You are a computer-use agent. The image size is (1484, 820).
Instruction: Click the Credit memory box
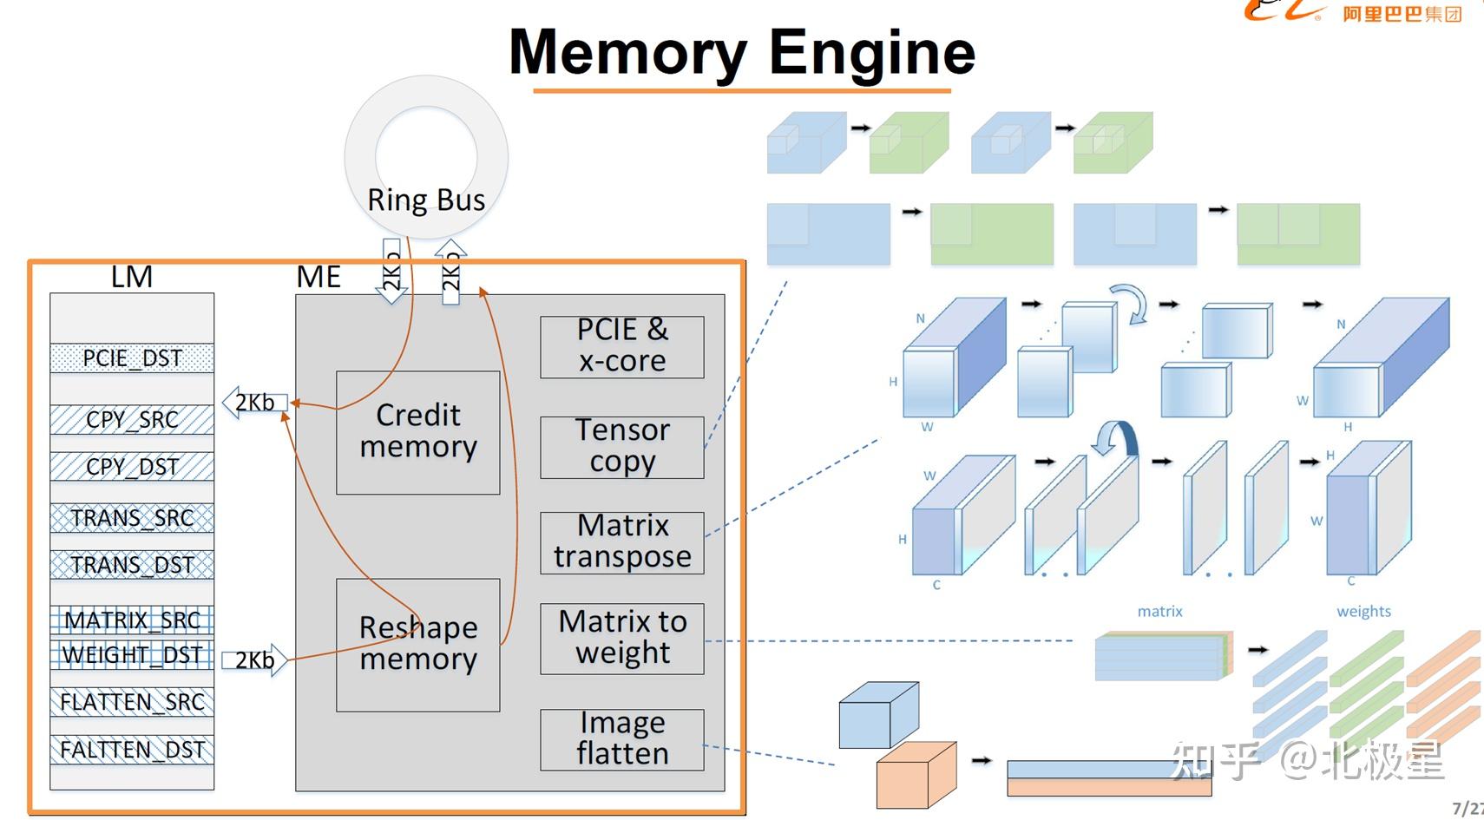tap(417, 432)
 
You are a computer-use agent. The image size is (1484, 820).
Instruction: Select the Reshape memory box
tap(417, 644)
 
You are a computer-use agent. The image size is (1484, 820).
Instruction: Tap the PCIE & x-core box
tap(621, 346)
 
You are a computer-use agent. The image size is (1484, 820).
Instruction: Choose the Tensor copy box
tap(621, 447)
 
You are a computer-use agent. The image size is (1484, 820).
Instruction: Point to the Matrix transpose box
tap(621, 542)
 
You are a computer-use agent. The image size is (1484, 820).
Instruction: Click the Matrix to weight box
tap(621, 639)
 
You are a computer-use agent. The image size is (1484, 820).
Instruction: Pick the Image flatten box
tap(621, 739)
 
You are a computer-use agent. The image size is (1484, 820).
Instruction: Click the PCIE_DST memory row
tap(132, 358)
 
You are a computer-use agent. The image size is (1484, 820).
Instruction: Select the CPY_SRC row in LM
tap(132, 420)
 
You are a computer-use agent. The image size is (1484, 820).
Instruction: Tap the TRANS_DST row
tap(132, 565)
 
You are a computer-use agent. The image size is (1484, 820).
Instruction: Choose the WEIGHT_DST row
tap(132, 655)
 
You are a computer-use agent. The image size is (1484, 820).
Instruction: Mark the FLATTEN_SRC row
tap(132, 702)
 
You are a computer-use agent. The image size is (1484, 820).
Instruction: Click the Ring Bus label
tap(426, 200)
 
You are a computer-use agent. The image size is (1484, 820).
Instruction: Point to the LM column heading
tap(132, 277)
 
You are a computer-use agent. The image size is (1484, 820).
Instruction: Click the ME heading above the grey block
tap(318, 277)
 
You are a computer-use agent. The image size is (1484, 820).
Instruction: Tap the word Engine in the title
tap(871, 53)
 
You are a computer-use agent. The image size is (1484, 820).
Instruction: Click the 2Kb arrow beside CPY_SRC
tap(254, 403)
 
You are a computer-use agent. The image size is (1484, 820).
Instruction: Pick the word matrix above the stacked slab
tap(1159, 612)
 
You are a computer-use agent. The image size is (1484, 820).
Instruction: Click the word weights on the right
tap(1363, 612)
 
